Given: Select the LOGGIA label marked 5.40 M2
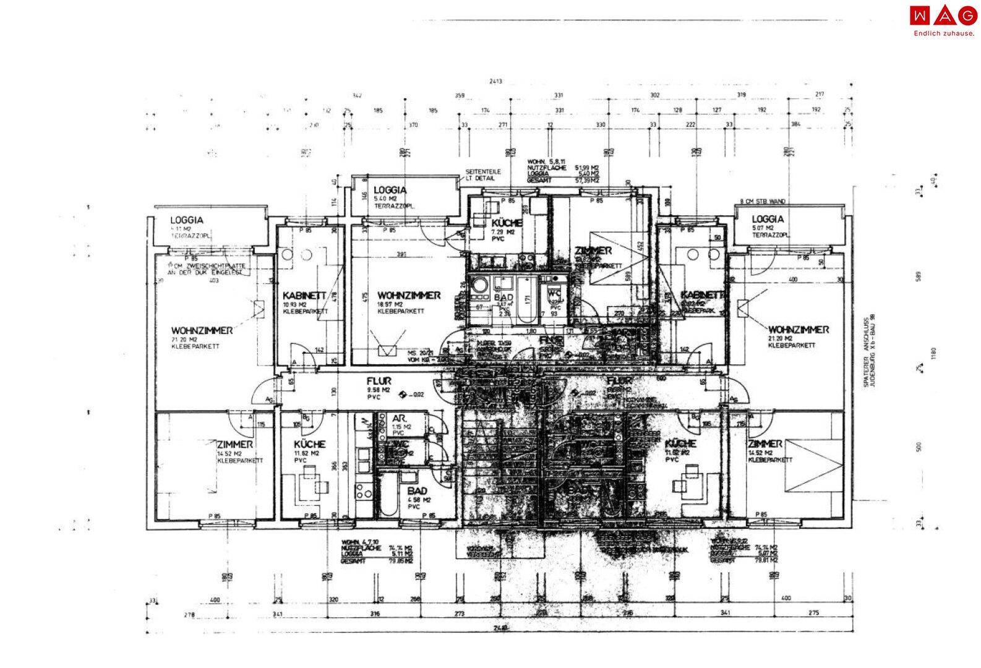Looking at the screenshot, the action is coord(390,190).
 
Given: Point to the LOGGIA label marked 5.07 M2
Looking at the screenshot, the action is coord(768,219).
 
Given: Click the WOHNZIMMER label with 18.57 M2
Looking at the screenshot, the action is coord(409,296).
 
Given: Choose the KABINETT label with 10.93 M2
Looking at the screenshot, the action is coord(304,296).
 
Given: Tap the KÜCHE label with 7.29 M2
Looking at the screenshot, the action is coord(507,223).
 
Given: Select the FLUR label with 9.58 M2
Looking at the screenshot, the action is coord(379,382).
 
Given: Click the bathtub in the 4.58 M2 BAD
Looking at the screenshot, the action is coord(388,494).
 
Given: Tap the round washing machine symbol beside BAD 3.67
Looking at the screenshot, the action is coord(479,286).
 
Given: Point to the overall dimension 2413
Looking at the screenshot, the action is coord(495,81).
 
